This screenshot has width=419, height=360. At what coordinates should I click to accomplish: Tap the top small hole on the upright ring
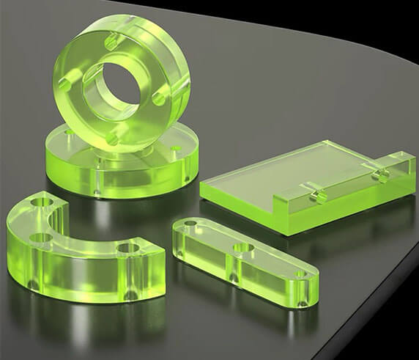[x=111, y=42]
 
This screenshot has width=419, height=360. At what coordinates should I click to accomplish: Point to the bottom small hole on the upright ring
[x=111, y=136]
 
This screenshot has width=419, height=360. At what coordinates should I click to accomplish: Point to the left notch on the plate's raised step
[x=317, y=193]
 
